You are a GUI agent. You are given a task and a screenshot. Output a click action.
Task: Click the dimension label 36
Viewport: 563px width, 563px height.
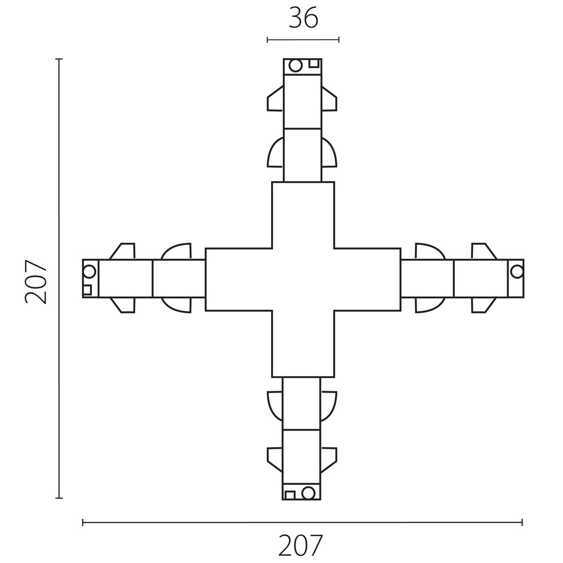303,19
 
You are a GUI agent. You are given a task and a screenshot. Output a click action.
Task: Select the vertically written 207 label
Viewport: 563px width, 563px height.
36,281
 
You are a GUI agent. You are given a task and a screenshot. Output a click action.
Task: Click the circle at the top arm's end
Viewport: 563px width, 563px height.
296,66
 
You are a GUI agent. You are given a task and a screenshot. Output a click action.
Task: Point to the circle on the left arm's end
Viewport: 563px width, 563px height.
89,272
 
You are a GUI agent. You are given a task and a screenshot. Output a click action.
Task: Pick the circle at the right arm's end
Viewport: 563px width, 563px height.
517,272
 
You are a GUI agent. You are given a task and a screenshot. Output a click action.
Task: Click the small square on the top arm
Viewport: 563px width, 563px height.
314,63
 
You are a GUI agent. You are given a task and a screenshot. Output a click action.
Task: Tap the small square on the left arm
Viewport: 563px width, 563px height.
87,290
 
